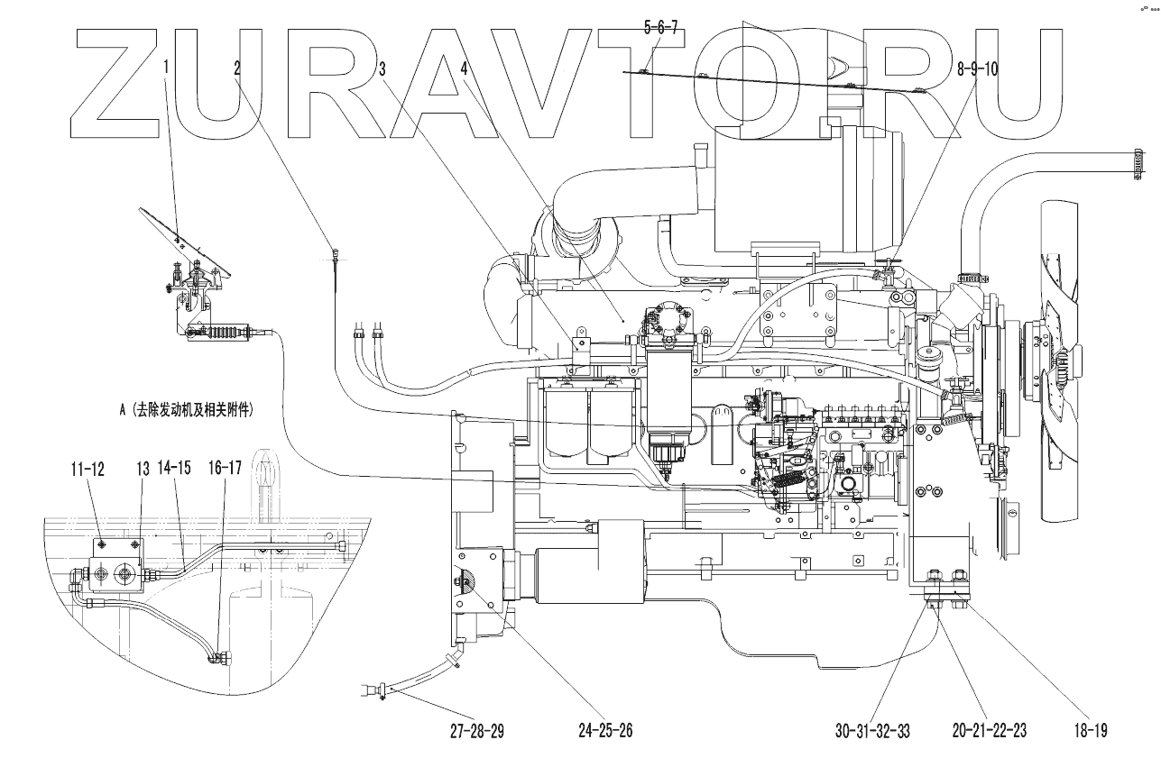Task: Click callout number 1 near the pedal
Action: pyautogui.click(x=166, y=66)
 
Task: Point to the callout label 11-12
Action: pyautogui.click(x=88, y=468)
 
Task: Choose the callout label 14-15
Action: pyautogui.click(x=173, y=468)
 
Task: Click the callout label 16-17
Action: pyautogui.click(x=226, y=468)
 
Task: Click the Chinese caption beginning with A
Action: pyautogui.click(x=185, y=409)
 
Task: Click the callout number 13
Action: pyautogui.click(x=142, y=468)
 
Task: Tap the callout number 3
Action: pyautogui.click(x=382, y=68)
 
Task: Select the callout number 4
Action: pyautogui.click(x=464, y=68)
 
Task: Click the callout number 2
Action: pyautogui.click(x=237, y=68)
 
